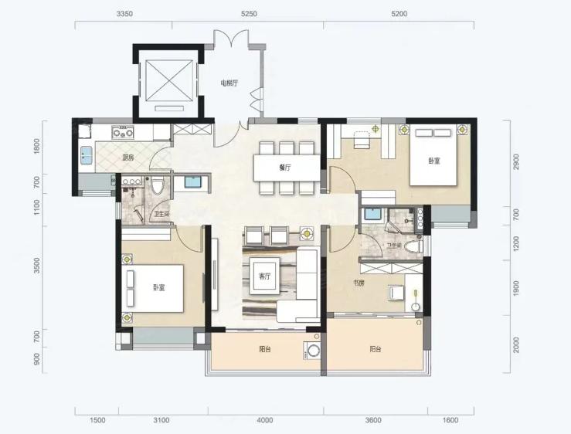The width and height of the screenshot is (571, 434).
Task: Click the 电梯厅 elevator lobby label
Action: pyautogui.click(x=229, y=83)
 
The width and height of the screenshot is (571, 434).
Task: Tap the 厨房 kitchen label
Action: pyautogui.click(x=127, y=158)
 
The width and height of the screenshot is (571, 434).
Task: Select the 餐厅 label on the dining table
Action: pyautogui.click(x=285, y=168)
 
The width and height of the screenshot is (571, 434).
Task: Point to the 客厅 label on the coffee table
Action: pyautogui.click(x=265, y=276)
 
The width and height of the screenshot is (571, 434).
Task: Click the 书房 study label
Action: pyautogui.click(x=359, y=283)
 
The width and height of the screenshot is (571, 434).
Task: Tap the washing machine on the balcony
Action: pyautogui.click(x=313, y=351)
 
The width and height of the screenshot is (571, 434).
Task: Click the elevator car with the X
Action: pyautogui.click(x=168, y=80)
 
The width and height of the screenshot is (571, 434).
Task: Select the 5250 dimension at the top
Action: pyautogui.click(x=249, y=14)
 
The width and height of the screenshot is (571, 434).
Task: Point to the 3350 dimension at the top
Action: pyautogui.click(x=124, y=14)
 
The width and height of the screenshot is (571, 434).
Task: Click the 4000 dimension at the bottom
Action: pyautogui.click(x=265, y=420)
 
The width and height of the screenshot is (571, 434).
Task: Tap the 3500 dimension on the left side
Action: pyautogui.click(x=36, y=266)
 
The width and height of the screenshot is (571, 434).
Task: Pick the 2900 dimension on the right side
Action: pyautogui.click(x=515, y=161)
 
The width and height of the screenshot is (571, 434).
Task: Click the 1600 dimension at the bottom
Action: pyautogui.click(x=450, y=420)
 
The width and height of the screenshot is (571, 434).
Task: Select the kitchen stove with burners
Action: pyautogui.click(x=123, y=132)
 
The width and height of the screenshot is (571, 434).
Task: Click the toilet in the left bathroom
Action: pyautogui.click(x=158, y=185)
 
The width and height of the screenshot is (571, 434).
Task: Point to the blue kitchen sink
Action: pyautogui.click(x=87, y=155)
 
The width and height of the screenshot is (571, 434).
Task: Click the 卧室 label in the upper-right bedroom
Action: pyautogui.click(x=434, y=161)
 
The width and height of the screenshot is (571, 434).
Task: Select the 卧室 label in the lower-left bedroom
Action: pyautogui.click(x=158, y=287)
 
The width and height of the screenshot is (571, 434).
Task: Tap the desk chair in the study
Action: pyautogui.click(x=396, y=293)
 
